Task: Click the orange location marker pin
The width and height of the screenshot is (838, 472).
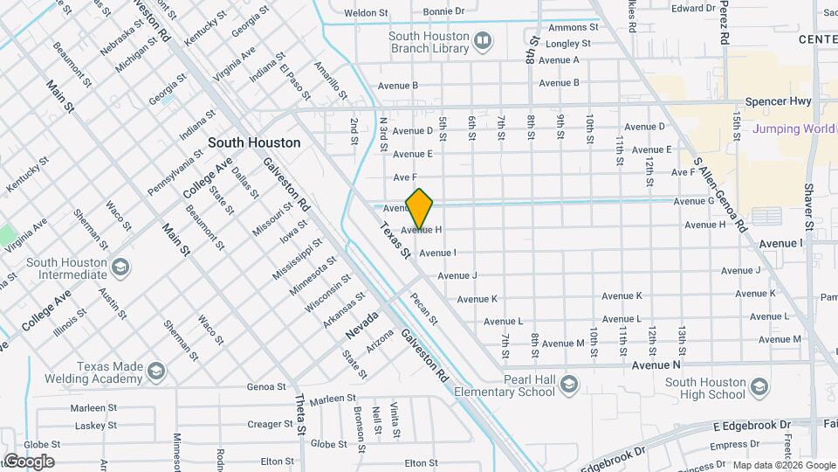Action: [x=420, y=209]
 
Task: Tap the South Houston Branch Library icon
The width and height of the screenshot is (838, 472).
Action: [x=483, y=39]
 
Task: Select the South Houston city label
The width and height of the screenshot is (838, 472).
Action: [x=254, y=142]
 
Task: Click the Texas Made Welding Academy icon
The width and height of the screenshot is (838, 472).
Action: [x=156, y=372]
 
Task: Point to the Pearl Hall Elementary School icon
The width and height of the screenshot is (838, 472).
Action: [x=569, y=385]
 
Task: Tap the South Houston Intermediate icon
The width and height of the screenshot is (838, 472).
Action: [x=120, y=267]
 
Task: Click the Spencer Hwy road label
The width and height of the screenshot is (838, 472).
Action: [x=780, y=101]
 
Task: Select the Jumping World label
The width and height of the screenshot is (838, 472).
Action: [x=790, y=129]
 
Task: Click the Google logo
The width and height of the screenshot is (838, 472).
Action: [x=29, y=461]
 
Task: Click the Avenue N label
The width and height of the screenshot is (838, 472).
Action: [x=656, y=364]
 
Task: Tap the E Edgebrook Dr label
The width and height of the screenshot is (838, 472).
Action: [x=752, y=425]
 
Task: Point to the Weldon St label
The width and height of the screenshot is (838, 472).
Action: [x=366, y=13]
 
